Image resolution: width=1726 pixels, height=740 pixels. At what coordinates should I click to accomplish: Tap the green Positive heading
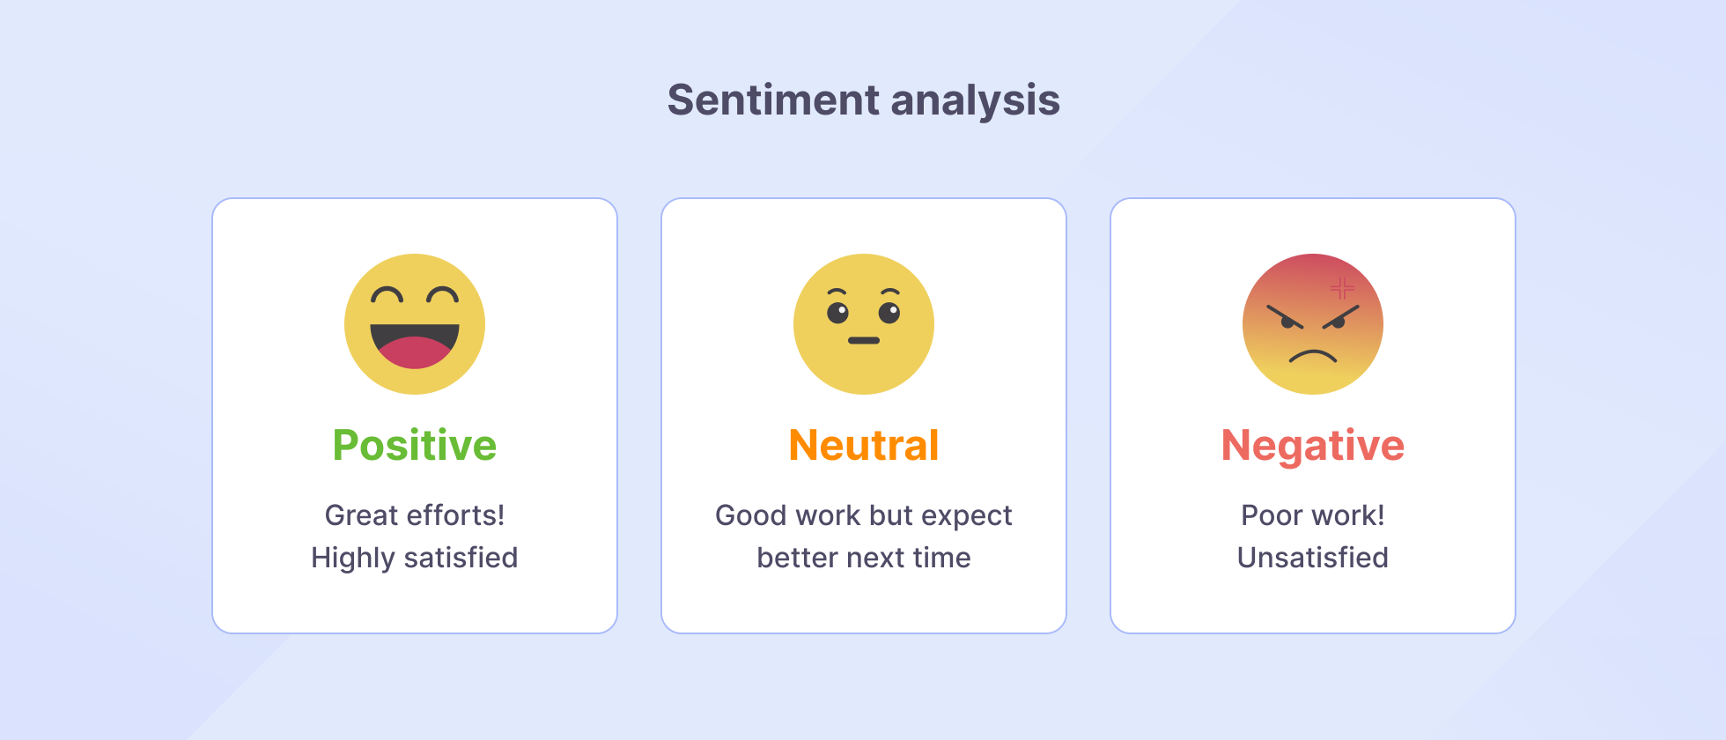[x=414, y=445]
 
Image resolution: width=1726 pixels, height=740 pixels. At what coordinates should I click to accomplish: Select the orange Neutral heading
[x=863, y=445]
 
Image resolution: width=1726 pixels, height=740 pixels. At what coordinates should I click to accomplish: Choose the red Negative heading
[x=1312, y=445]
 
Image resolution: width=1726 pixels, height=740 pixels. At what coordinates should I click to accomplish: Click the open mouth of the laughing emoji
[x=414, y=344]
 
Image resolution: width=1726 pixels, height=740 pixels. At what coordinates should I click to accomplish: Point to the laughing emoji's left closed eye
[x=387, y=295]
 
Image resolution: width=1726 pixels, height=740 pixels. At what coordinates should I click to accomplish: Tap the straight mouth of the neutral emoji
[x=864, y=340]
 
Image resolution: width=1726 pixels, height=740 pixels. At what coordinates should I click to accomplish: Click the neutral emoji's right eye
[x=889, y=312]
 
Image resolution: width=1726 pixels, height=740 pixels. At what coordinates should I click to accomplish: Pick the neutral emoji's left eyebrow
[x=837, y=292]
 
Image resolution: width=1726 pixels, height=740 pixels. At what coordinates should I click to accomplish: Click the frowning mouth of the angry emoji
[x=1313, y=356]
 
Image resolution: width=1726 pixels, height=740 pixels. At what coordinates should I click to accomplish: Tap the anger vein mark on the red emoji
[x=1341, y=288]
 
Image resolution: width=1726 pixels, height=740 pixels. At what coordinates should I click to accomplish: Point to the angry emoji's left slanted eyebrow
[x=1284, y=316]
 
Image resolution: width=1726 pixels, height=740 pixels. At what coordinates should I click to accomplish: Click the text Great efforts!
[x=414, y=515]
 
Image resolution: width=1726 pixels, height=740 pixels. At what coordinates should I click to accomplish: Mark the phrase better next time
[x=863, y=558]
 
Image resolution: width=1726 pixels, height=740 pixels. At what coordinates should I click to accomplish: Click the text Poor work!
[x=1312, y=515]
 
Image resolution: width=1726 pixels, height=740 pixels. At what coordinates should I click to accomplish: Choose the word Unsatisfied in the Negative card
[x=1312, y=558]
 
